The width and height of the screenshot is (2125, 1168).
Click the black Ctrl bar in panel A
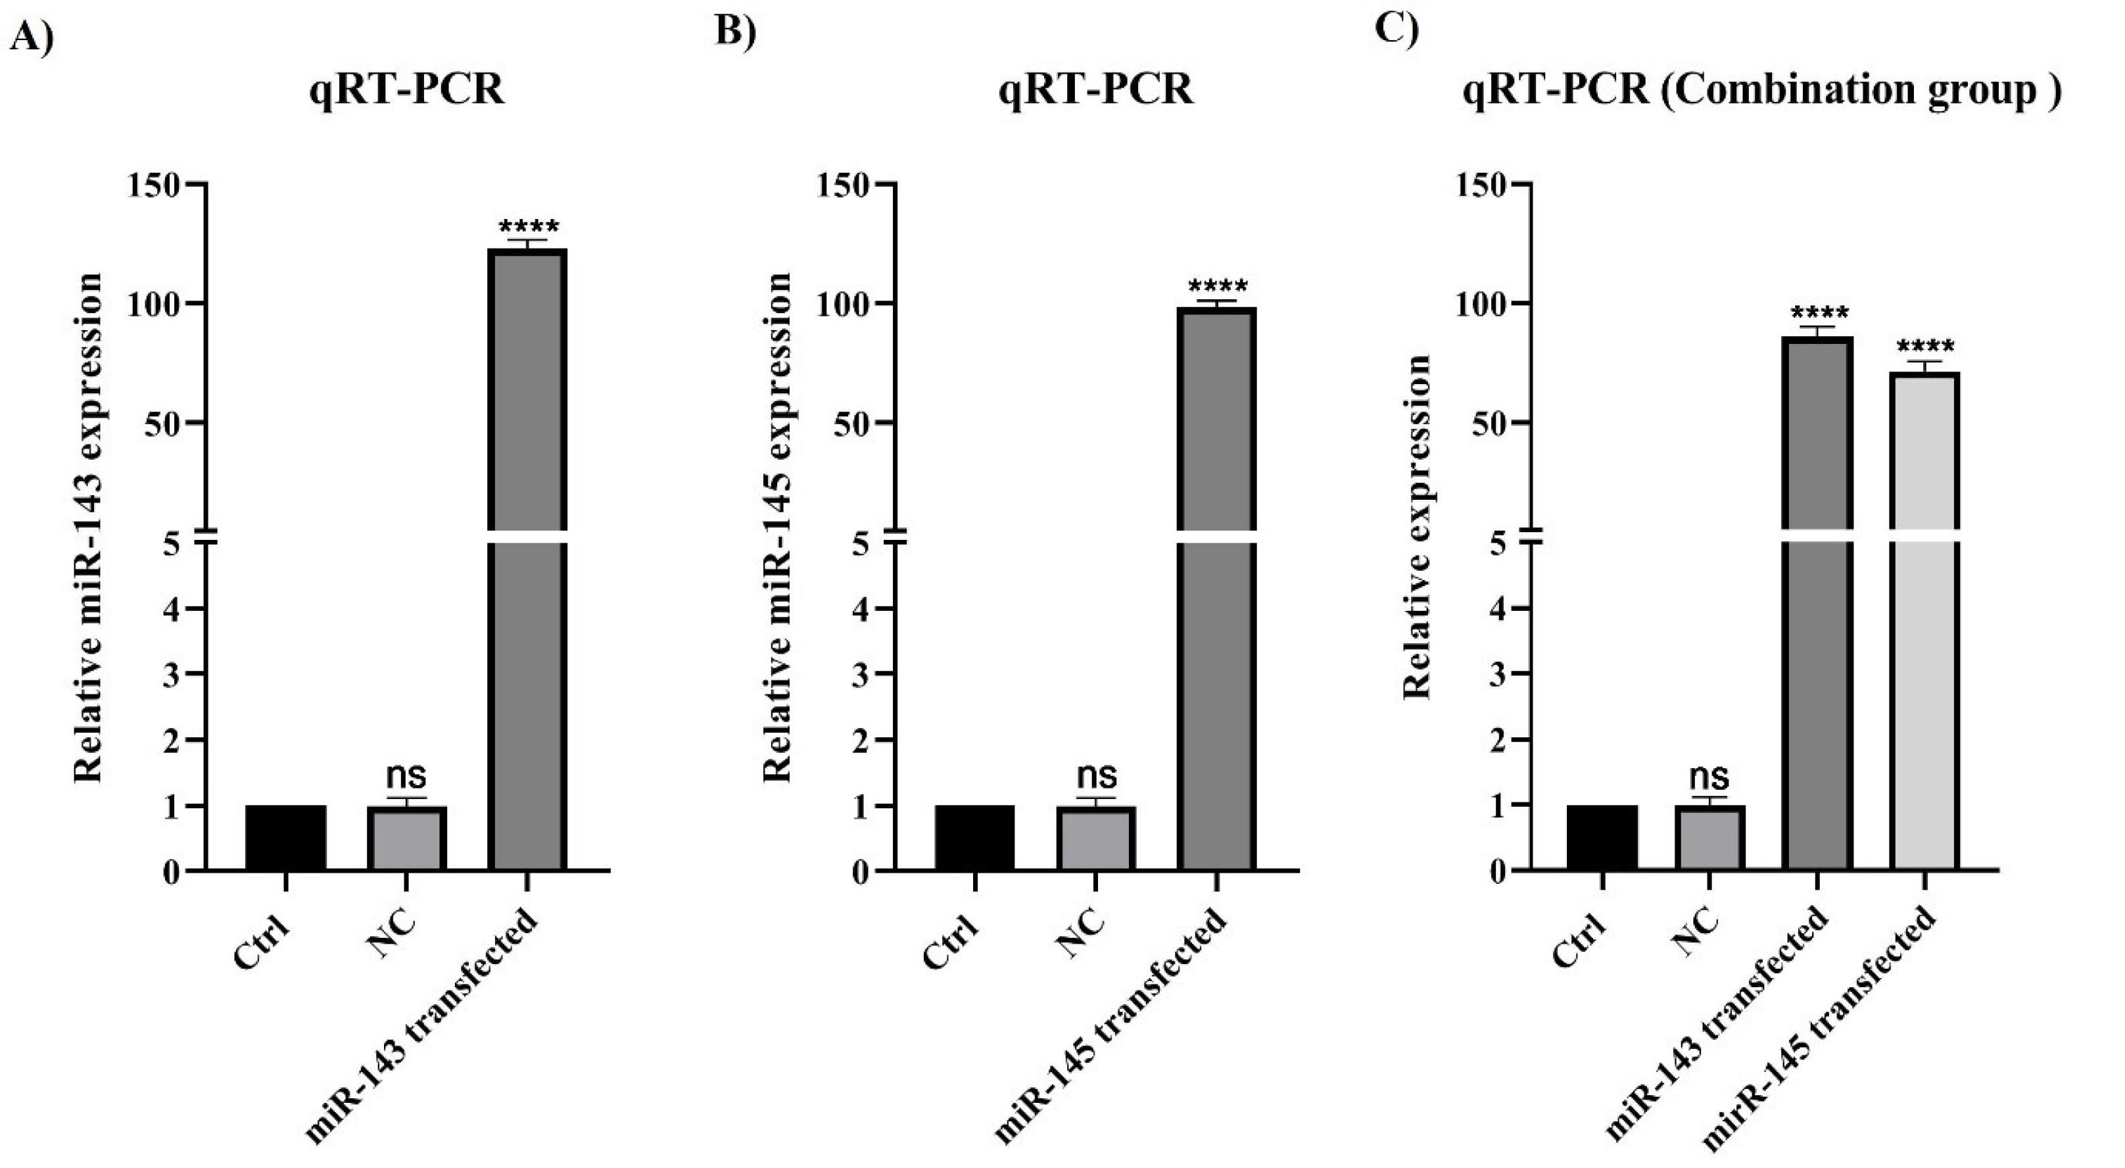(x=285, y=837)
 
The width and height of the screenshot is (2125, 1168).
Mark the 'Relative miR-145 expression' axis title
(x=777, y=528)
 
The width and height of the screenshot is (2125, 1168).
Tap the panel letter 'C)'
(x=1396, y=28)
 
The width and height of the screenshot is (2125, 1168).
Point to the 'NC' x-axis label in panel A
(x=393, y=935)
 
